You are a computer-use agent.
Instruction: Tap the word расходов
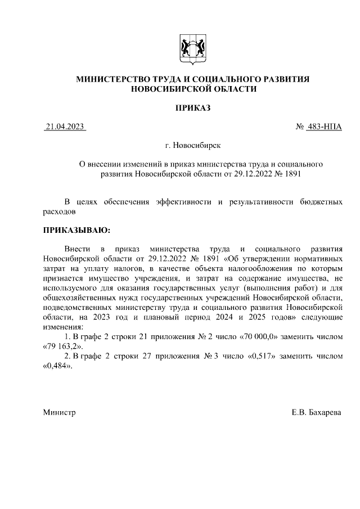[x=58, y=212]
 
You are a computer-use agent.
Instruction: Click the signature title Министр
[x=60, y=413]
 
